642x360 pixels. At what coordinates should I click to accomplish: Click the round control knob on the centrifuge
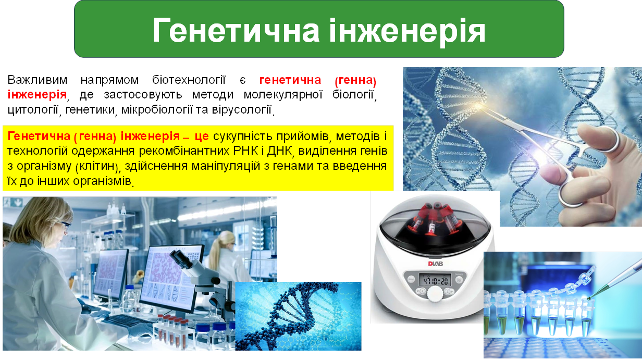(x=434, y=295)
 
